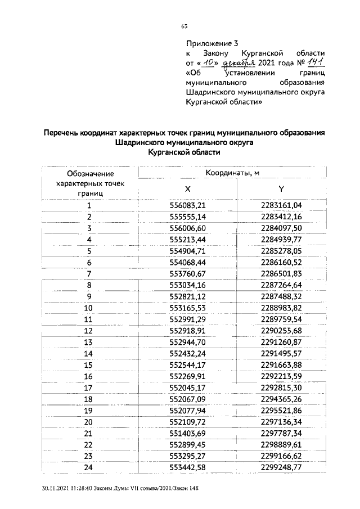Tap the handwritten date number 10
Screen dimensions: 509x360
pos(209,62)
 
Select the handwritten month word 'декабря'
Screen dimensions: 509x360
pos(239,63)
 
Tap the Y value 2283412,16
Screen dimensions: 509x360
pos(281,217)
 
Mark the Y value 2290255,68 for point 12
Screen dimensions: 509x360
pos(281,331)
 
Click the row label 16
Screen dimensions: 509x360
pos(88,377)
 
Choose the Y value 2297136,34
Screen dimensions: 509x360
pos(281,422)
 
